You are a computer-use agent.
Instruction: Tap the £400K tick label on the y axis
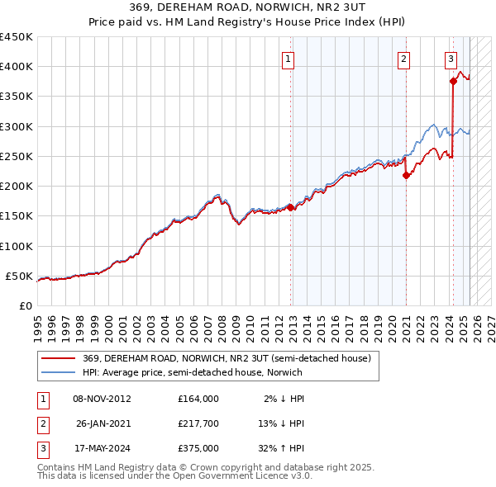(x=17, y=67)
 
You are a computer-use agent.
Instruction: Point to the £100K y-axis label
(x=17, y=246)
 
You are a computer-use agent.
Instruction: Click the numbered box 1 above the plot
(x=288, y=59)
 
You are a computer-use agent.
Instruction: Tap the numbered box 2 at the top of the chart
(x=403, y=59)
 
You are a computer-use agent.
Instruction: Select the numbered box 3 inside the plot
(x=451, y=59)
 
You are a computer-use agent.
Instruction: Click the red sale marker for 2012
(x=291, y=208)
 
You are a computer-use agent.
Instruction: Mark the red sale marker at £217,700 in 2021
(x=407, y=175)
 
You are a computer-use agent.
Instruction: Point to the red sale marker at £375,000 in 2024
(x=453, y=81)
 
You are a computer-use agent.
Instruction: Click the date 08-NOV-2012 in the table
(x=103, y=399)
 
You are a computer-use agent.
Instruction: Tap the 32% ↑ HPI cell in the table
(x=279, y=449)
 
